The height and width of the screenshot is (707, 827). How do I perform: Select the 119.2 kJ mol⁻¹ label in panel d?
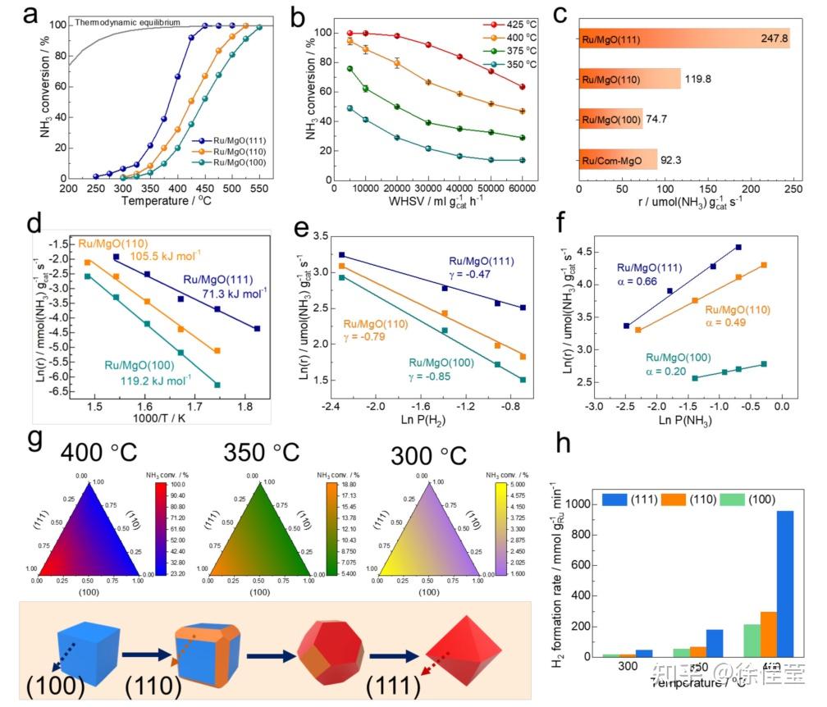click(149, 380)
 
